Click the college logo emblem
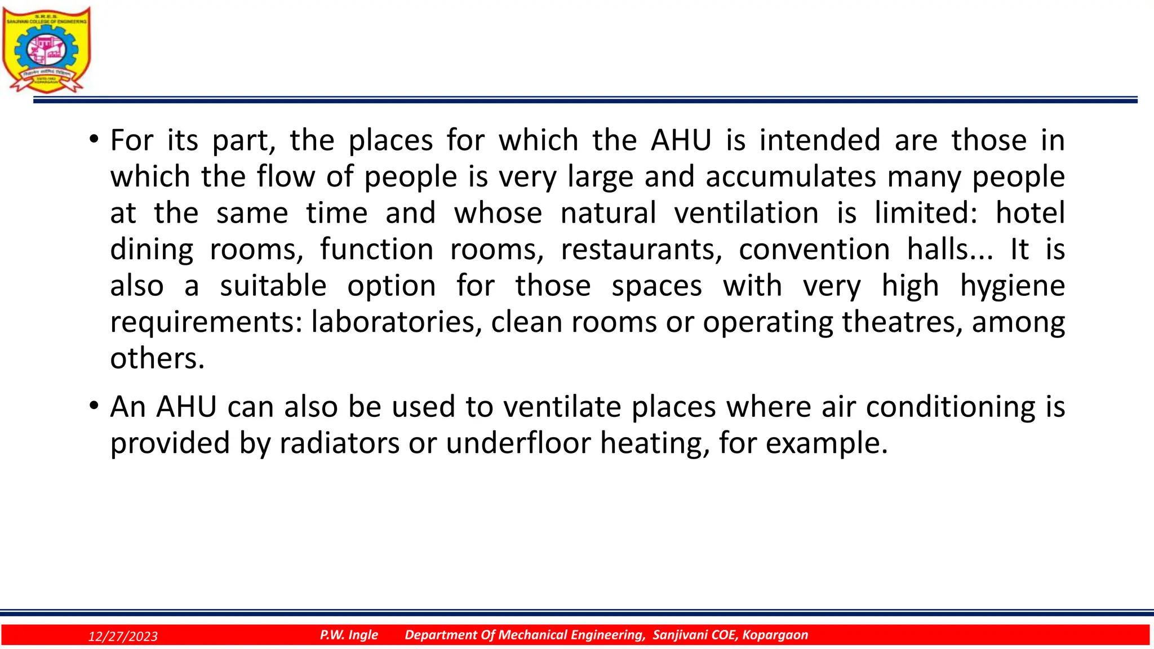[x=46, y=50]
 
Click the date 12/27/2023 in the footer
[x=123, y=636]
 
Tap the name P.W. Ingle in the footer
[x=349, y=635]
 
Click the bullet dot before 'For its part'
[x=94, y=139]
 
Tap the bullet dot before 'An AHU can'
[x=94, y=405]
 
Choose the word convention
[x=814, y=249]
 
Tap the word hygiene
[x=1012, y=286]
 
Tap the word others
[x=157, y=358]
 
